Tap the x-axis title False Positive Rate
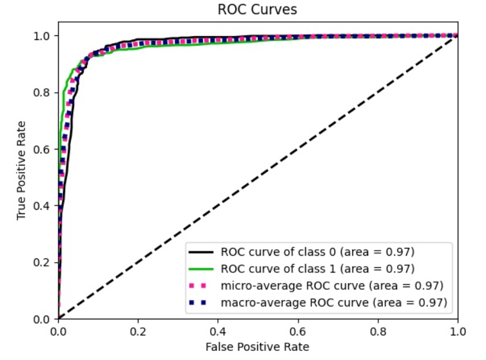[258, 347]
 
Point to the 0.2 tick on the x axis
[138, 330]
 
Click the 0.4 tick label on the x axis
[218, 330]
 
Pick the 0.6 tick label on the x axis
[298, 330]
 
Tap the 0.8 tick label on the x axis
[378, 330]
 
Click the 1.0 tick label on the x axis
[457, 330]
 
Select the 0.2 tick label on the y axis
[43, 262]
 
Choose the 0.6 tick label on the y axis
[43, 149]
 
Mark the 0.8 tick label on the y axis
[43, 92]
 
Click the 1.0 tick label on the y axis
[43, 35]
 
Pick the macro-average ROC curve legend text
[334, 301]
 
